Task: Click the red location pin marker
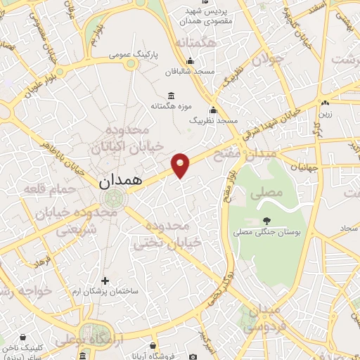tap(181, 165)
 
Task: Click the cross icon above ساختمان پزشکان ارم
tap(105, 281)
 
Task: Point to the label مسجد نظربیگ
tap(214, 121)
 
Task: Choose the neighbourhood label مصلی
tap(270, 191)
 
